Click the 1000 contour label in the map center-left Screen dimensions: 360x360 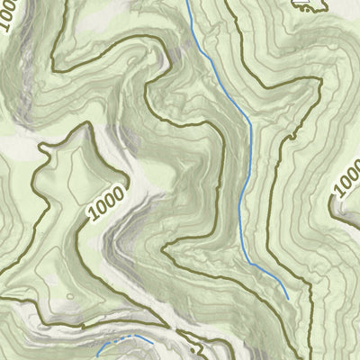109,206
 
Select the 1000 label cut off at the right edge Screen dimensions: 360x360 347,180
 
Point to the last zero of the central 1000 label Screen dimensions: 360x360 122,193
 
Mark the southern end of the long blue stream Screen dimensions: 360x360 288,297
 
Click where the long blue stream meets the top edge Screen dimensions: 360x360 187,1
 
